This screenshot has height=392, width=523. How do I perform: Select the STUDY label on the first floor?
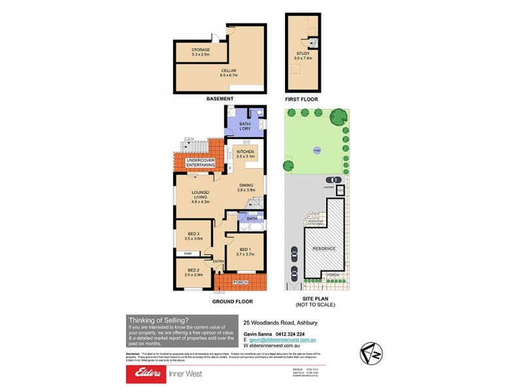303,54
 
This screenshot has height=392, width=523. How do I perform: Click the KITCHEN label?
245,152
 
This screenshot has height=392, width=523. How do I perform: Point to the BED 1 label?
245,250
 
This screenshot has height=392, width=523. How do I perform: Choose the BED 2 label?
194,270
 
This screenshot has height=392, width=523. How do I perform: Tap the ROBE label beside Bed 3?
188,253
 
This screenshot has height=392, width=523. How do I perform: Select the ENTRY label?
218,262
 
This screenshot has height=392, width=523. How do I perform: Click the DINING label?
246,185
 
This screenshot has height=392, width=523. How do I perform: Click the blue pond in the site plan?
316,149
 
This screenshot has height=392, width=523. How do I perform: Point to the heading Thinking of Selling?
160,319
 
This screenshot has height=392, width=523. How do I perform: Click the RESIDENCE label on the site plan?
324,248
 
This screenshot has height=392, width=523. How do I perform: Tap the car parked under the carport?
333,180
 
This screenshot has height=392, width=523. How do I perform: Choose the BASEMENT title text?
220,99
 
